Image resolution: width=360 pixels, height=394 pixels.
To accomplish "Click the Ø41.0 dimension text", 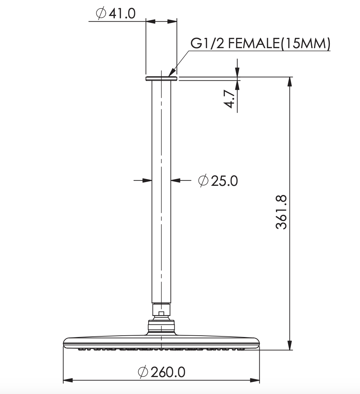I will [x=116, y=14].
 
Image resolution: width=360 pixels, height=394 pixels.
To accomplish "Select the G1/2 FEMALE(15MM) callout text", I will [x=260, y=44].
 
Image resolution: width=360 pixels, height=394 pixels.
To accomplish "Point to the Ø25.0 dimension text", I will [x=218, y=181].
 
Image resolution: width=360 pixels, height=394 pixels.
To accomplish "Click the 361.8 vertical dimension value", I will [x=281, y=212].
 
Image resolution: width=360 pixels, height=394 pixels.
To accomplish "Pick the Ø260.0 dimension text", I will [x=162, y=372].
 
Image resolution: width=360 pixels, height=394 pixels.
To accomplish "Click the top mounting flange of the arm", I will [x=161, y=79].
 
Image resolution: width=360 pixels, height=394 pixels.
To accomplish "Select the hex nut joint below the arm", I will [x=161, y=312].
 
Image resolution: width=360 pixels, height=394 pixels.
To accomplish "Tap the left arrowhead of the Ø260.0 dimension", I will [x=68, y=380].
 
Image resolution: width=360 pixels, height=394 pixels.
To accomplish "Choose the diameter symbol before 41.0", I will [x=101, y=14].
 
